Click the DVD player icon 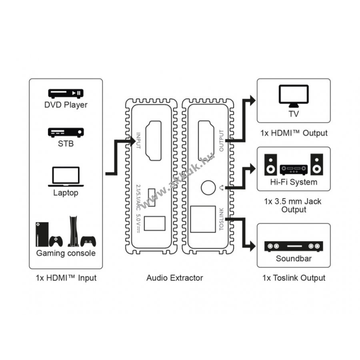(66, 93)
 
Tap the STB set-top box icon (66, 132)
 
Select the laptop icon (66, 176)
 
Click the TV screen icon (294, 96)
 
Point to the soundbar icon (294, 246)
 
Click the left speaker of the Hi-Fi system (270, 165)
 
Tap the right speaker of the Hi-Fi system (317, 165)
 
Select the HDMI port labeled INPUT (153, 140)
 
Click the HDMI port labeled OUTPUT (206, 140)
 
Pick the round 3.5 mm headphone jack (208, 188)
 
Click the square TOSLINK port (203, 219)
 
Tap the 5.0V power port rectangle (154, 223)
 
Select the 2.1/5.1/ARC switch (152, 197)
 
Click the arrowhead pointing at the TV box (252, 100)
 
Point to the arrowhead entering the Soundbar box (252, 246)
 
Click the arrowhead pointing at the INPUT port (132, 141)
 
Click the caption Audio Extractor (175, 278)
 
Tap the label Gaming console (66, 253)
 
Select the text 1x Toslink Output (294, 278)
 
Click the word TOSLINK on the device (221, 219)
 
